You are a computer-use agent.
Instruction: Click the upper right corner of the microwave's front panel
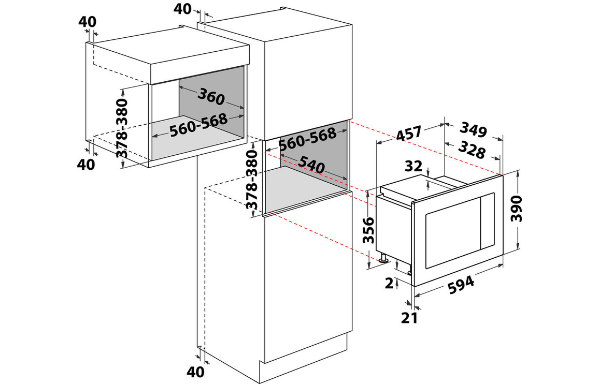(503, 173)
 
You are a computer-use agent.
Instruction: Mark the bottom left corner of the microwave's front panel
(414, 286)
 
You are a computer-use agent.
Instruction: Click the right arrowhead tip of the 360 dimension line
(243, 108)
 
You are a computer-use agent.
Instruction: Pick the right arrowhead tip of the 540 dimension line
(348, 179)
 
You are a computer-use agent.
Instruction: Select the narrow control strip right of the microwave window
(488, 222)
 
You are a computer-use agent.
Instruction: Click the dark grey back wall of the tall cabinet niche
(313, 152)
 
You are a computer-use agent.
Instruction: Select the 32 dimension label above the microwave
(413, 166)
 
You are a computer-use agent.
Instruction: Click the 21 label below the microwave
(409, 318)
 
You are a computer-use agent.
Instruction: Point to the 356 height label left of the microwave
(368, 230)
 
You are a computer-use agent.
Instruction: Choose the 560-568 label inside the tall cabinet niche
(307, 139)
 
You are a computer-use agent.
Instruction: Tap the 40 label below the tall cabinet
(195, 372)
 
